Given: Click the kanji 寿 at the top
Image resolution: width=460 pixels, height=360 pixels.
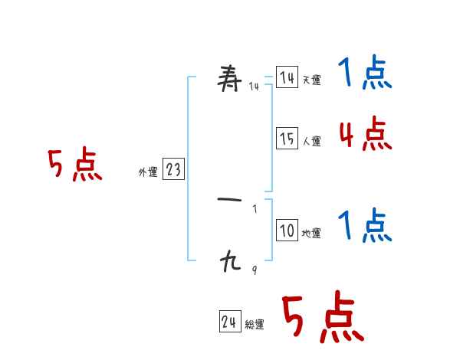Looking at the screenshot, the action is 231,78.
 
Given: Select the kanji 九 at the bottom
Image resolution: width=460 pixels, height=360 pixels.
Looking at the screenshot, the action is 230,263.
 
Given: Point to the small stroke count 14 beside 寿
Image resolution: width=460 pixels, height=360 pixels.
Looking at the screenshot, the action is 254,87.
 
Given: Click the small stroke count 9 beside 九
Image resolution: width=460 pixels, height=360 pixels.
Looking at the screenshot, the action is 255,270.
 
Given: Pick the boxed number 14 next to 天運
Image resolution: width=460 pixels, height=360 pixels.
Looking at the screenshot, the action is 287,78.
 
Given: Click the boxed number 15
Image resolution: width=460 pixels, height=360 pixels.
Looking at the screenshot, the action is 287,139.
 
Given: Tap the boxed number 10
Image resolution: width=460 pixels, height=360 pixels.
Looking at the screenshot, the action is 287,231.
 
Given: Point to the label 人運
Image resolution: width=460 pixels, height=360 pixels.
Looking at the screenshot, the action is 311,141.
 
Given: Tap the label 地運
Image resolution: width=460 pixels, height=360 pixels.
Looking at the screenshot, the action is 311,234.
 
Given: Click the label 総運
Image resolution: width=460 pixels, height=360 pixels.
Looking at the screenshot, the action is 255,325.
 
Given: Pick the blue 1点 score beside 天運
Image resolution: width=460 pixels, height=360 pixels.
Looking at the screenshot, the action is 365,74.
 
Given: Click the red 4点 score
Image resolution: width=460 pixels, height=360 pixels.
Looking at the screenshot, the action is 365,135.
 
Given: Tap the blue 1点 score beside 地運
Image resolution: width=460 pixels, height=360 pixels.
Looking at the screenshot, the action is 365,227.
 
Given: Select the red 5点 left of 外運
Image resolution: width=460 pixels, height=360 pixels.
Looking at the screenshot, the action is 74,165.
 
